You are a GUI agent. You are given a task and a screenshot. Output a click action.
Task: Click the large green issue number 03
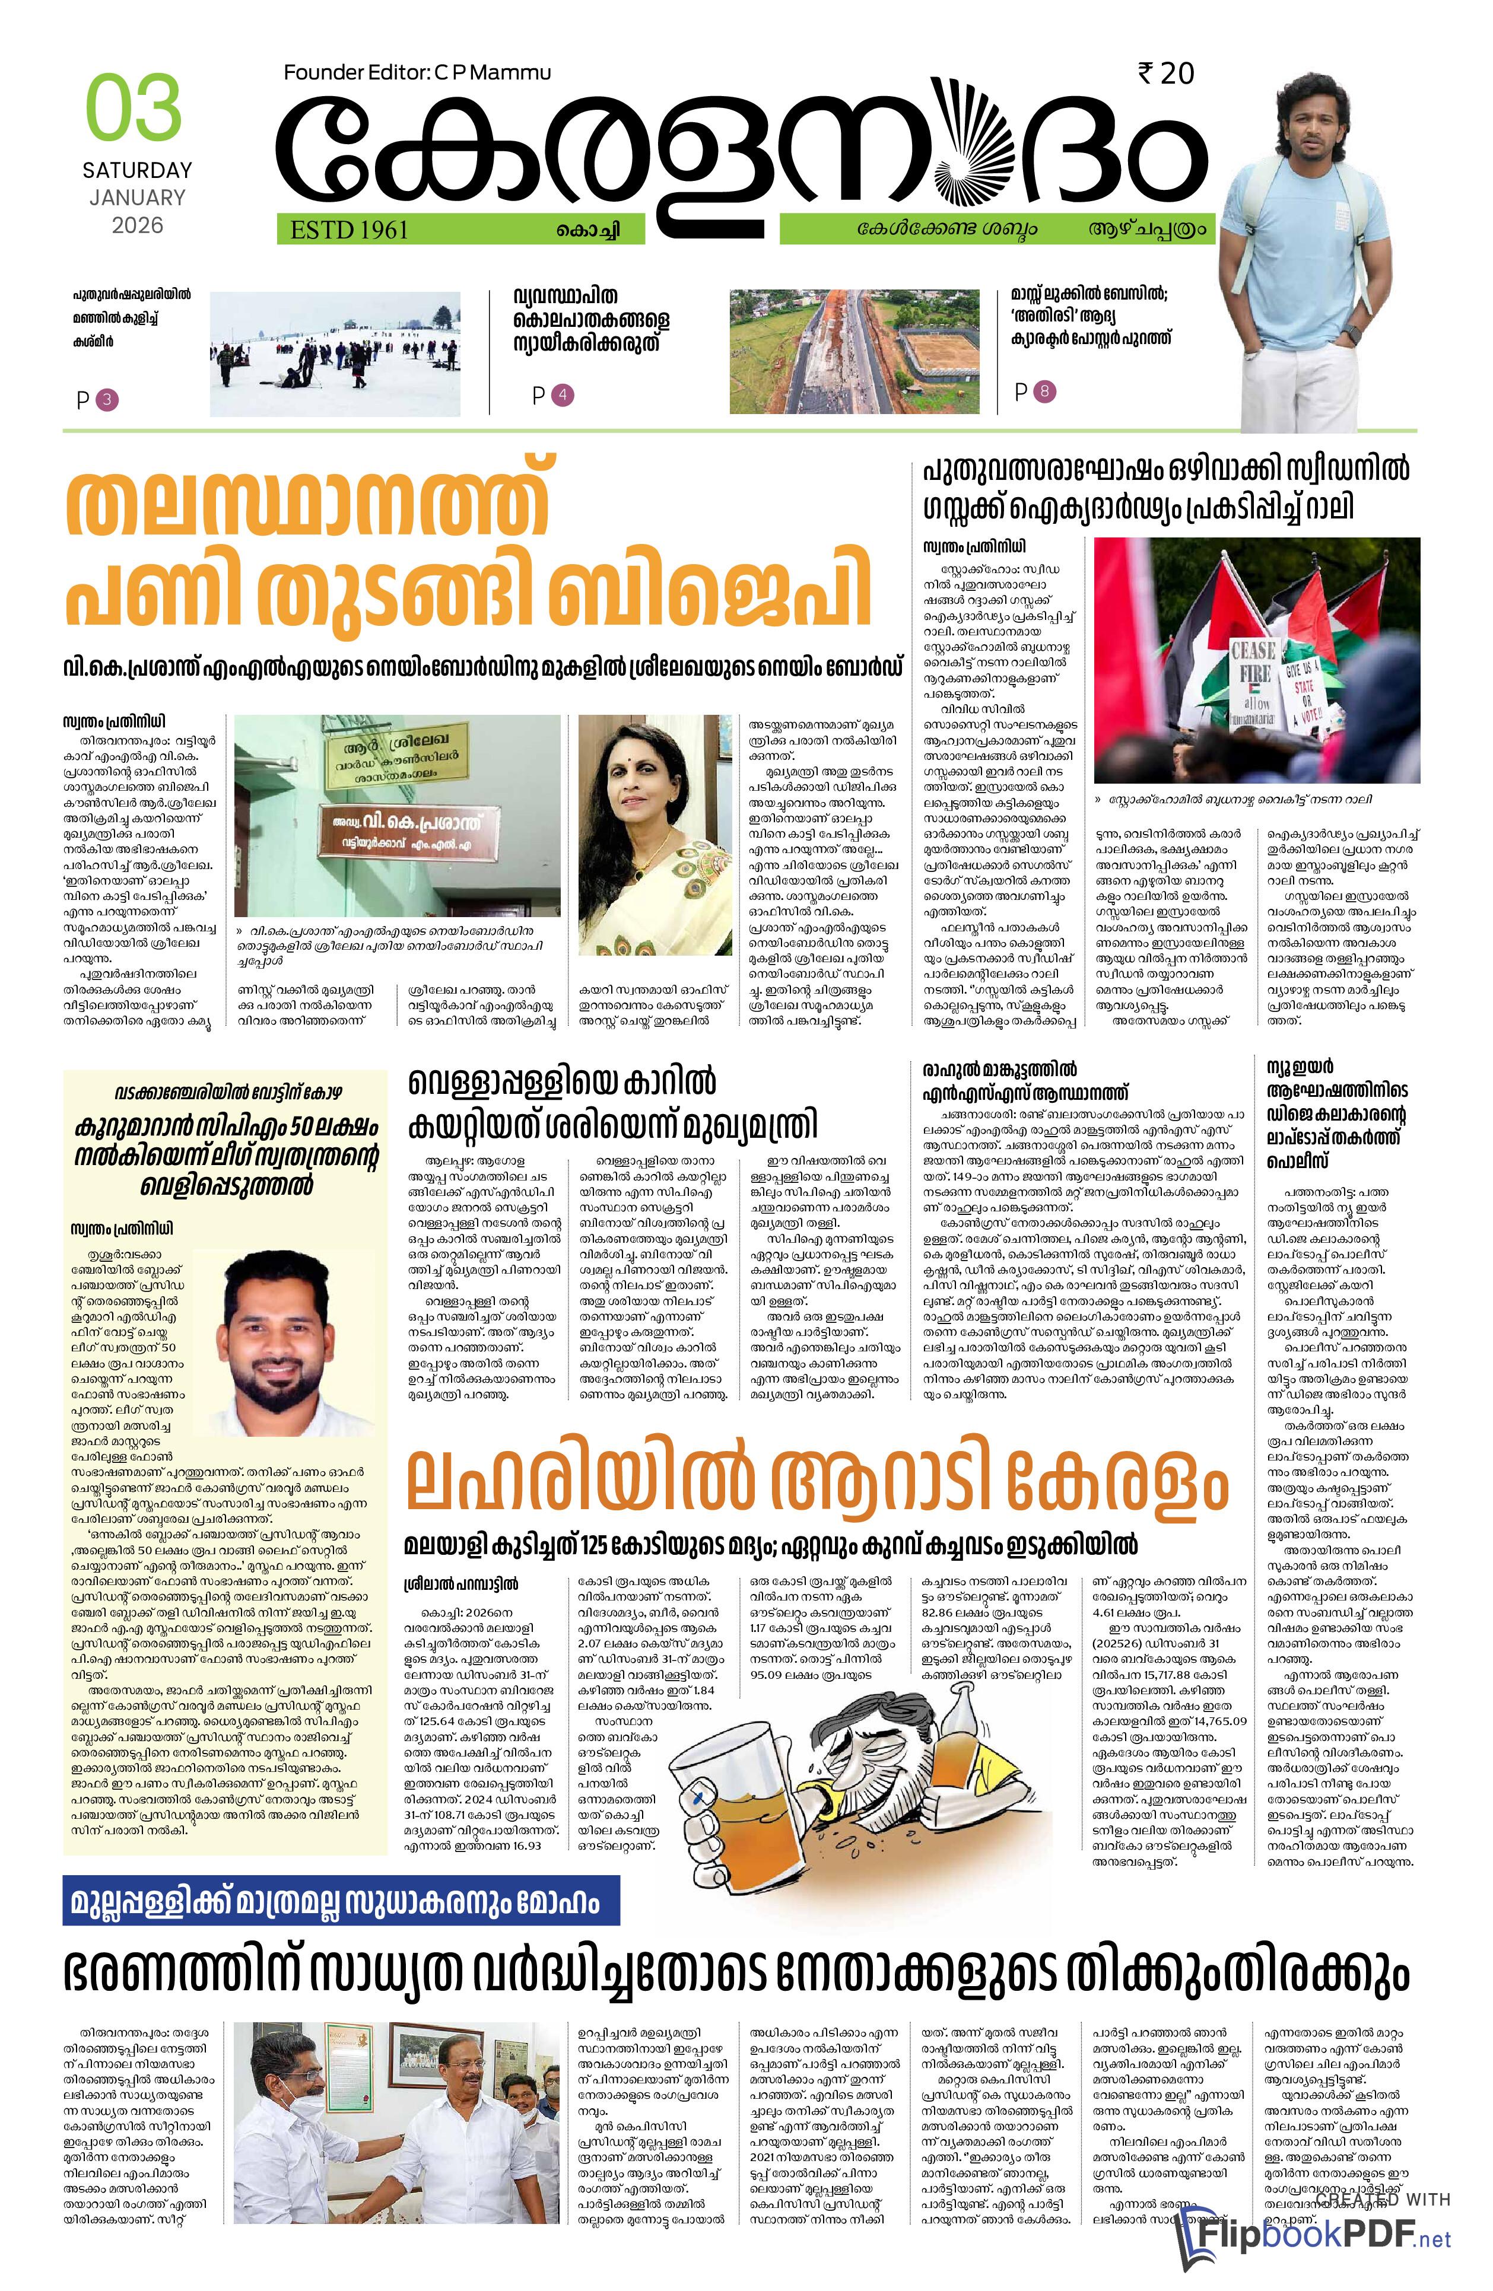(134, 108)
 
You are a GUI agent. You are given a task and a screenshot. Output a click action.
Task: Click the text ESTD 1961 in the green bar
(348, 229)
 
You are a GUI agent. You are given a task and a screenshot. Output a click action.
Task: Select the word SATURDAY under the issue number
(136, 170)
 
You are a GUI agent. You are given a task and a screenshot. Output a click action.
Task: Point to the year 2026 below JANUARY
(136, 225)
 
